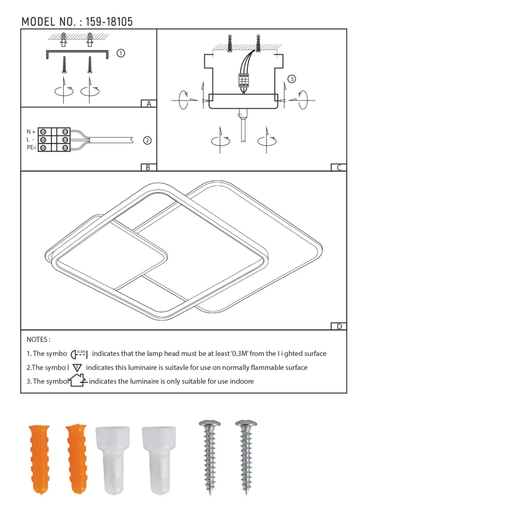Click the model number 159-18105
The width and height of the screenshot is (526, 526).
(x=109, y=21)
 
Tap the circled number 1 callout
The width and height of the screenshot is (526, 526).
(x=121, y=53)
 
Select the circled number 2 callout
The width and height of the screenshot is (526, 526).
(x=147, y=141)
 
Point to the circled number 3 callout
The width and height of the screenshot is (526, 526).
(x=291, y=79)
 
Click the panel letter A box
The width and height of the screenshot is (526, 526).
(x=149, y=104)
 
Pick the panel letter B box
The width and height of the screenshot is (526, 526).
(x=149, y=167)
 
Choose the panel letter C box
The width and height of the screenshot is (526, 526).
(x=338, y=167)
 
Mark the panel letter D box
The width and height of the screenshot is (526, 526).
(x=338, y=327)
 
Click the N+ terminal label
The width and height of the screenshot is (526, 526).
(x=31, y=131)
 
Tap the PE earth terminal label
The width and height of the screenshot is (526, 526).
(x=31, y=148)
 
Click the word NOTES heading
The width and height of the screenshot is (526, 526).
(x=38, y=339)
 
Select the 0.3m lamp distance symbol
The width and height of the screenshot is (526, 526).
(x=79, y=354)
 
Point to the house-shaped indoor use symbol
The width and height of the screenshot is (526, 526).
(x=78, y=380)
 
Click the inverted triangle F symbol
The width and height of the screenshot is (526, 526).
(x=78, y=368)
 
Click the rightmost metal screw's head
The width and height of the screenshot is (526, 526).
(x=246, y=424)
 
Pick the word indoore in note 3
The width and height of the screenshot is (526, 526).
(x=242, y=381)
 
